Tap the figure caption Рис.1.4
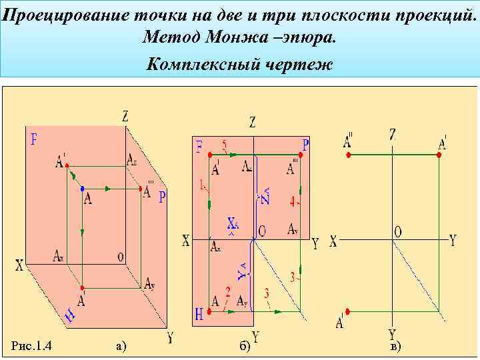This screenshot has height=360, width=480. coord(33,345)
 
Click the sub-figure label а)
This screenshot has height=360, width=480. coord(121,345)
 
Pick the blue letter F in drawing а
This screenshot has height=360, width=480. coord(33,140)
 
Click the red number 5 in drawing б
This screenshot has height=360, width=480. coord(224,145)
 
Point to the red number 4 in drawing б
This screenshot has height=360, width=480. coord(293,200)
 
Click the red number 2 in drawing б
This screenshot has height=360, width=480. coord(227,291)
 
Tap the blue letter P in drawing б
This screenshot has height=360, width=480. coord(305,145)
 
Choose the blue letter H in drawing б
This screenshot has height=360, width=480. coord(199,313)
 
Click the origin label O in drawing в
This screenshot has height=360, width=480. coord(398,231)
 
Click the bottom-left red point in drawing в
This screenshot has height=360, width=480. coord(349,311)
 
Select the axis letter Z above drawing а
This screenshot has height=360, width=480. coord(125,116)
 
